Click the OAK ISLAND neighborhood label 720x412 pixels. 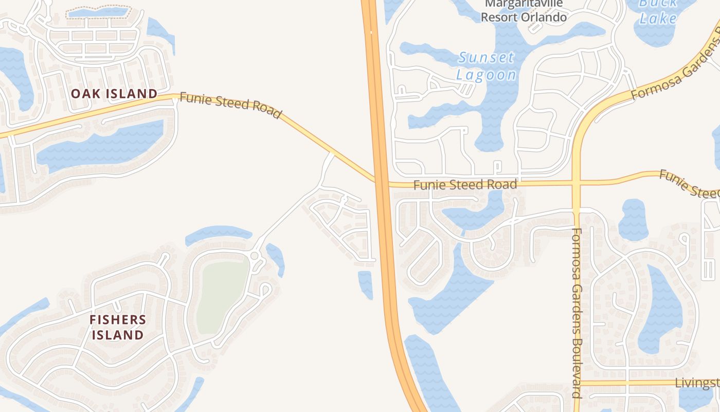(x=114, y=94)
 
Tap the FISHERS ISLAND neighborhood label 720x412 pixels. (x=118, y=327)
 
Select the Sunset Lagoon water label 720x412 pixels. (x=486, y=66)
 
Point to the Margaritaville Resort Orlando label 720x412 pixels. (x=524, y=11)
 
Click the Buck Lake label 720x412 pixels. (x=658, y=11)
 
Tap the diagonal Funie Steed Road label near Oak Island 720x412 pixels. (x=231, y=105)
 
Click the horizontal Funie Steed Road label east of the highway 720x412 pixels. (x=465, y=184)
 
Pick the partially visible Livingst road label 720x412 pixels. (x=697, y=383)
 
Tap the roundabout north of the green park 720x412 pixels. (x=254, y=256)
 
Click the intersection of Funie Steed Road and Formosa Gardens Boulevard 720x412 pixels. (x=576, y=182)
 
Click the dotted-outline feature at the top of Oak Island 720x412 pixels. (x=99, y=13)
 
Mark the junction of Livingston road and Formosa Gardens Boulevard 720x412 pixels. (x=577, y=383)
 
